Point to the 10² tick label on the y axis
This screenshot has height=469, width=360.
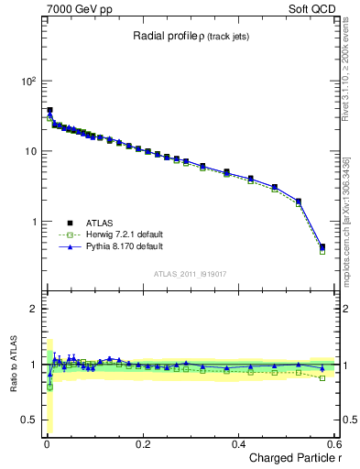[27, 81]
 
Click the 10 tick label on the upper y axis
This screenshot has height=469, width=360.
[29, 151]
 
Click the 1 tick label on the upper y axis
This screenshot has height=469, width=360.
[33, 222]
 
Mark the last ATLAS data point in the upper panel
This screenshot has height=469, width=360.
[322, 246]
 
